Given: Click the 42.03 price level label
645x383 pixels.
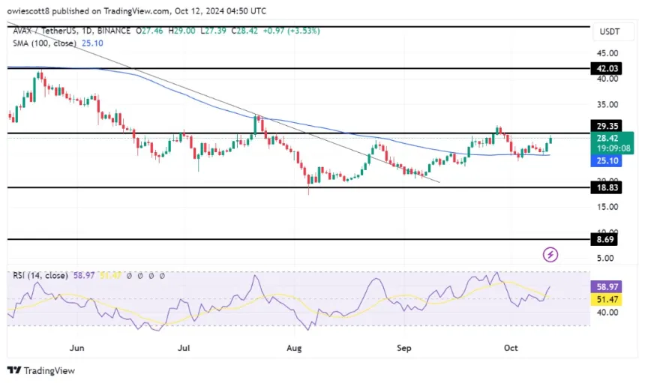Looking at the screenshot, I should (x=606, y=68).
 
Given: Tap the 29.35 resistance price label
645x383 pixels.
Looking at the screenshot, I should (x=606, y=127).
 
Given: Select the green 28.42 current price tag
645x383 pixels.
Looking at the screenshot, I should (x=606, y=138).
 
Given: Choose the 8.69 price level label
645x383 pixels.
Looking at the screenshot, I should (x=606, y=241).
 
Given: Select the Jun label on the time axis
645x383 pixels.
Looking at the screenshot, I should (x=76, y=348).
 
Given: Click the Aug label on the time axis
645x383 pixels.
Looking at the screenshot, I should (x=294, y=348).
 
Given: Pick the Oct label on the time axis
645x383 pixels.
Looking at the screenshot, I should (x=511, y=348).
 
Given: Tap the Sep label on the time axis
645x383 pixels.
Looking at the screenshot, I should (x=404, y=348).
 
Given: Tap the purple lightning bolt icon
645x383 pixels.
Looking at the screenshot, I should (x=550, y=255).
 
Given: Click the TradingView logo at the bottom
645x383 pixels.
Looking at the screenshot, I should (x=41, y=370).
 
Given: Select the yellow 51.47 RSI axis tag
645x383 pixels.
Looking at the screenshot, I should (x=606, y=299).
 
